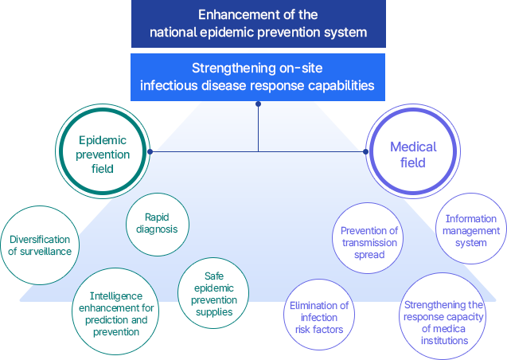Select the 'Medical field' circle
413,155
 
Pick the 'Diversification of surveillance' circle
40,245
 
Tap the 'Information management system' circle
471,230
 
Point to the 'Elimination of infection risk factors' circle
318,317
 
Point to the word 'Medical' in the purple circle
413,147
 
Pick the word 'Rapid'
157,217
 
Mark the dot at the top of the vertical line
258,104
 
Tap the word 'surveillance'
47,251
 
